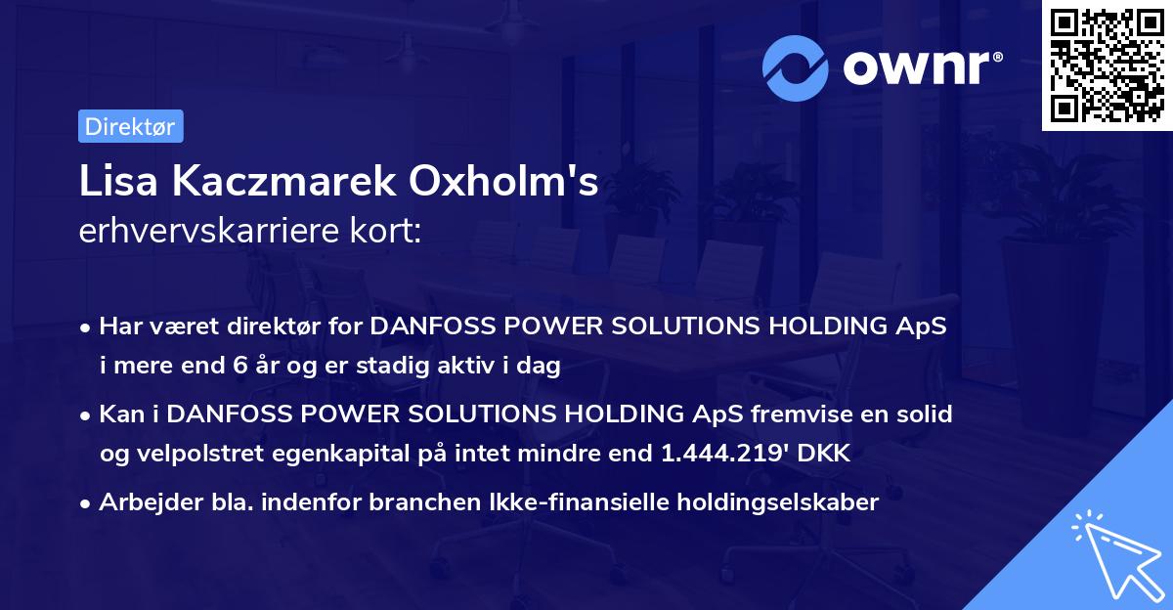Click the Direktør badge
130,126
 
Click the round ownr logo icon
796,68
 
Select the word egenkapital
333,454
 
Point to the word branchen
364,503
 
